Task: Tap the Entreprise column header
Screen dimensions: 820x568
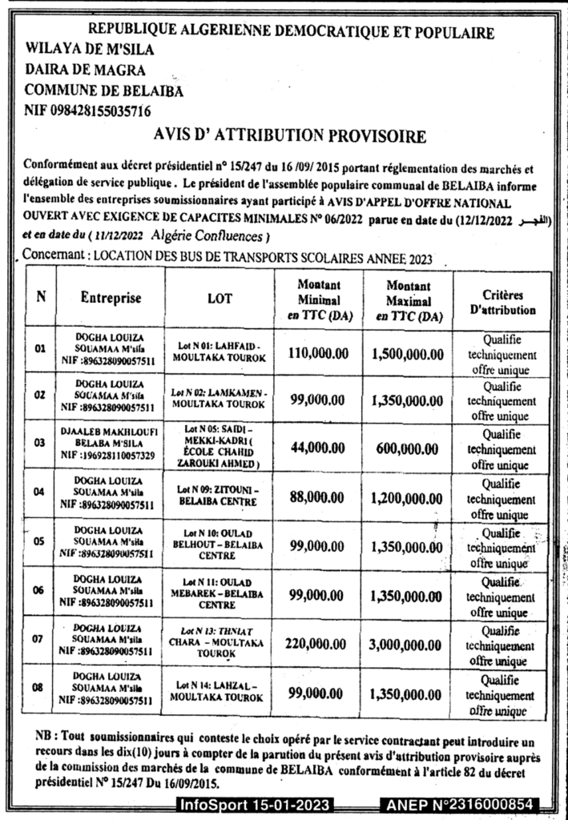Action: pos(111,298)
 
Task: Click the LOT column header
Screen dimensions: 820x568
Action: pos(219,299)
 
